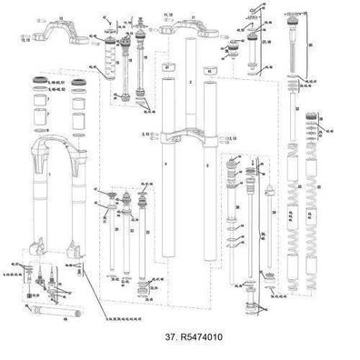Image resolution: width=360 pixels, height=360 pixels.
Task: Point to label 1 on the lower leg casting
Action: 50,171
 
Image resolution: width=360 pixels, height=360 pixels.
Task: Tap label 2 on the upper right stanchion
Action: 190,82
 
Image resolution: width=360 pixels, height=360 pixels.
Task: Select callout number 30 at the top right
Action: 310,45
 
